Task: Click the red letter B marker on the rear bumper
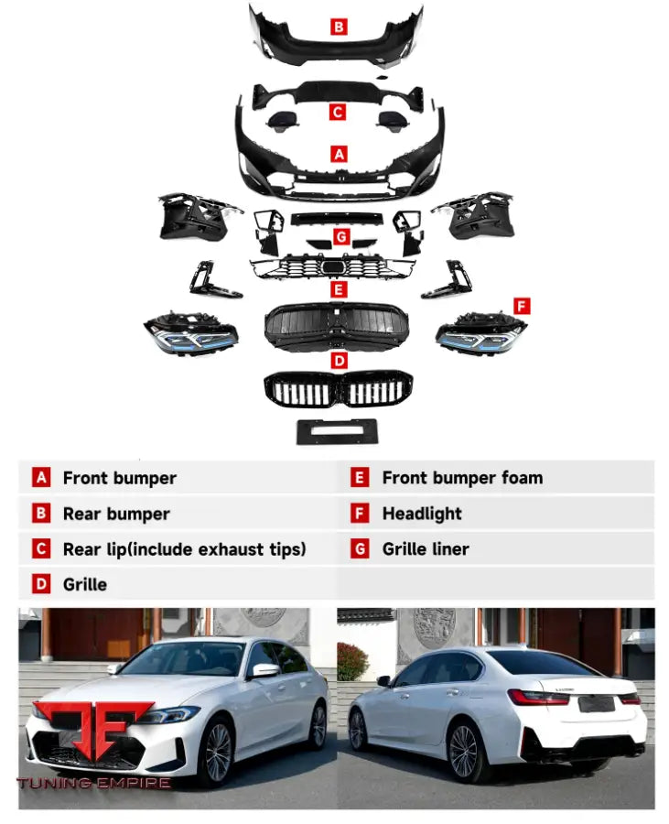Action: [339, 27]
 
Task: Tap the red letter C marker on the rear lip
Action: [339, 112]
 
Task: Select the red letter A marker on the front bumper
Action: [339, 155]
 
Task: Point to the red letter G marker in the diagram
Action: [340, 237]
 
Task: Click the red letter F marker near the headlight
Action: [522, 305]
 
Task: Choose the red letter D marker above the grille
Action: [339, 360]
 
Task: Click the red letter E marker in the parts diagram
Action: [339, 289]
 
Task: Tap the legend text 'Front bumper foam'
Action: [462, 478]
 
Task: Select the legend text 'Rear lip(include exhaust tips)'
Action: [184, 549]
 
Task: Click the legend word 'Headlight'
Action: [422, 514]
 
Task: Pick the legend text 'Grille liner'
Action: [425, 549]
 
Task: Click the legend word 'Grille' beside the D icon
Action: [85, 584]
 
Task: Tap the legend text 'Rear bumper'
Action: [116, 514]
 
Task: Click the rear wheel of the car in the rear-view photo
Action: [463, 752]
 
